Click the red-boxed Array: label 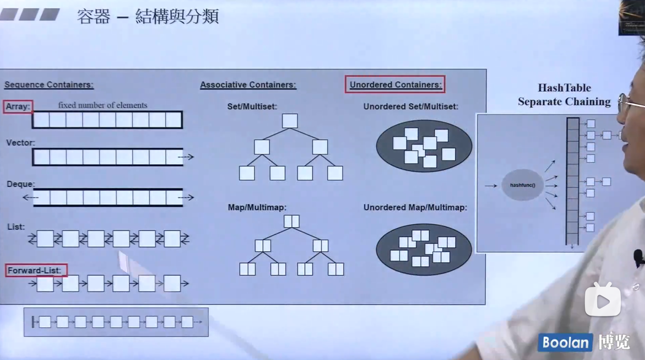point(18,107)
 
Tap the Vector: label point(21,143)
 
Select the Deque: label point(21,184)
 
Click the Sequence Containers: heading point(49,85)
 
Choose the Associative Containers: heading point(248,85)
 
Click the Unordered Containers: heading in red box point(395,85)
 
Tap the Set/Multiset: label point(252,106)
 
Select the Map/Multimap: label point(257,207)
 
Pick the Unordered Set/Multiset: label point(411,106)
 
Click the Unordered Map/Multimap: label point(415,207)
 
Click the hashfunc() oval point(522,185)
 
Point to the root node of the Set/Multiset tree point(290,121)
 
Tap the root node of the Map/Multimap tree point(291,221)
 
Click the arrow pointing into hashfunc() point(491,186)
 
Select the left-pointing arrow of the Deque point(30,198)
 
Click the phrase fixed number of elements point(103,105)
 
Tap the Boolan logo point(565,342)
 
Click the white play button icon point(603,301)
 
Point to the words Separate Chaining point(564,102)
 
